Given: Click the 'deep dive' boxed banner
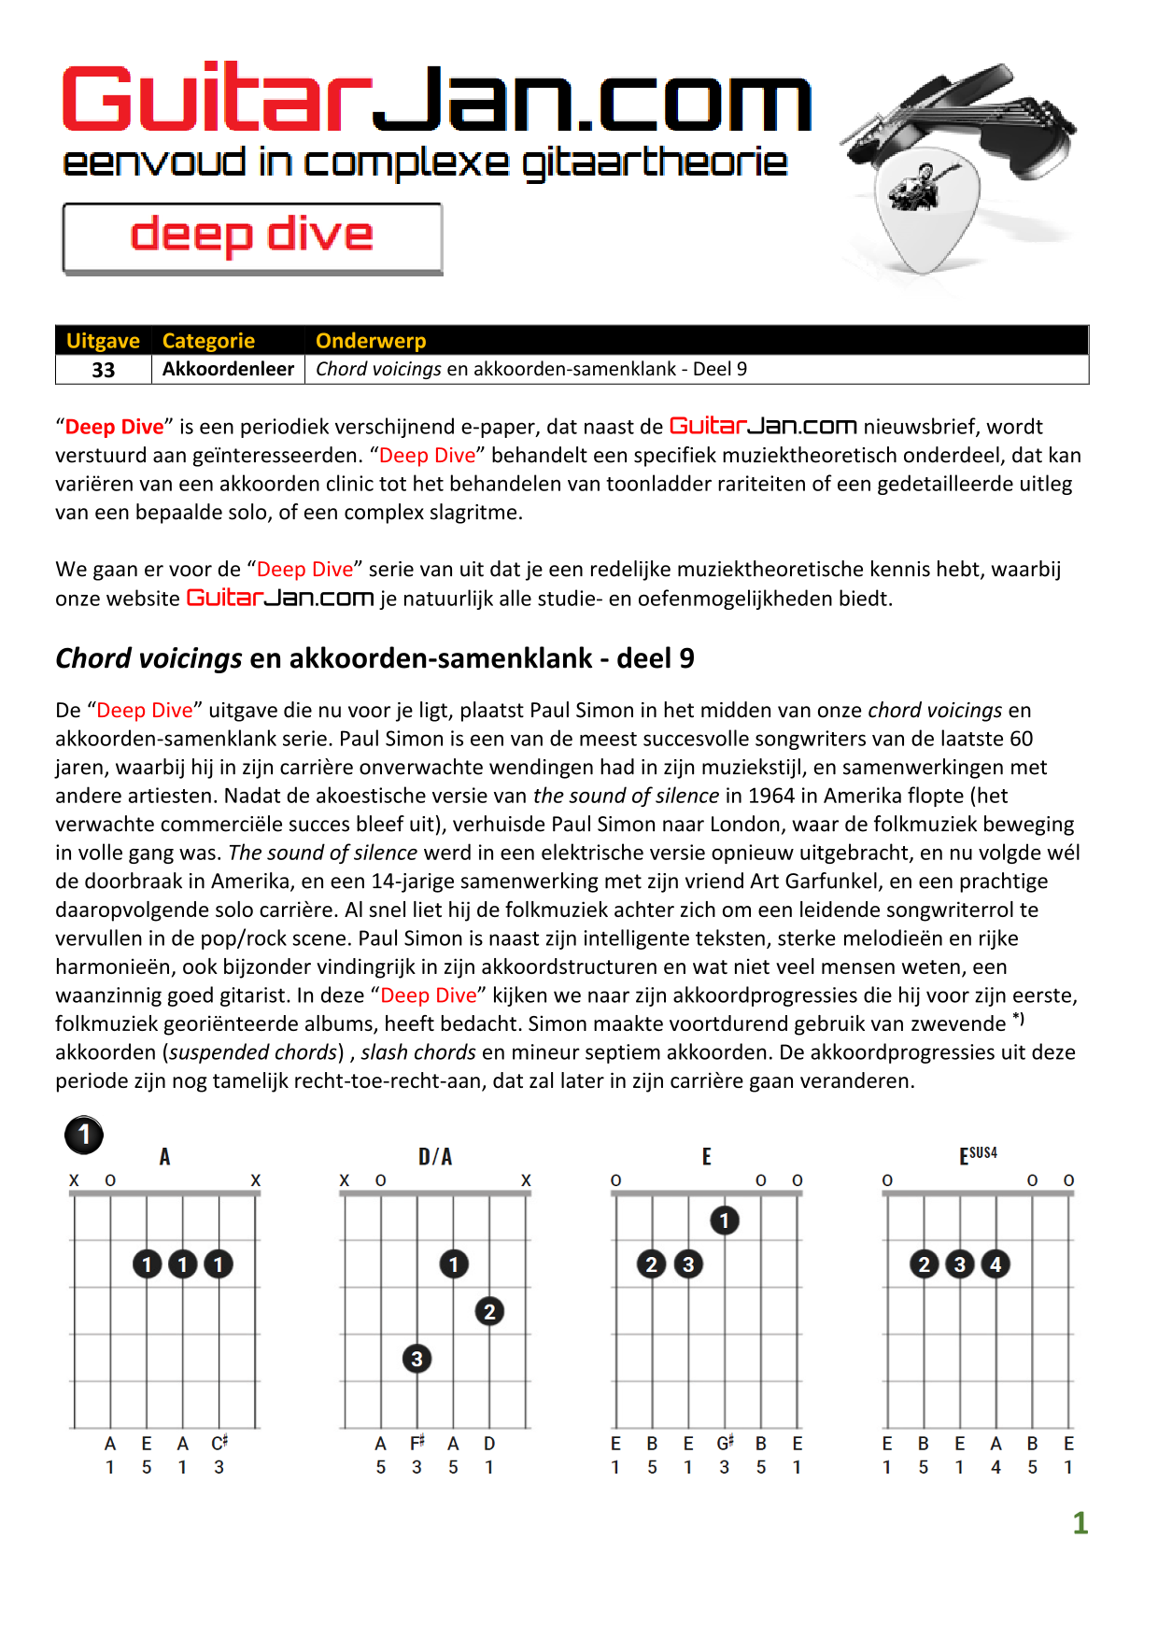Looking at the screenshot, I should tap(252, 238).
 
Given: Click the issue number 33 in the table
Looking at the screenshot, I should tap(103, 370).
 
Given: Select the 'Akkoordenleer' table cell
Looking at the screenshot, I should tap(228, 369).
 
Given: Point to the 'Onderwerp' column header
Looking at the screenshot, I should tap(371, 341).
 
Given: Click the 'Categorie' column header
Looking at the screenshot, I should tap(208, 341).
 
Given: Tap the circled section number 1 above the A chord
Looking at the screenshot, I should tap(84, 1136).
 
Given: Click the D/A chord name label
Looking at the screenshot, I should tap(435, 1157).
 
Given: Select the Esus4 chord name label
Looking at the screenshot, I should tap(978, 1156).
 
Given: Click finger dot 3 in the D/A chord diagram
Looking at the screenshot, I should tap(417, 1359).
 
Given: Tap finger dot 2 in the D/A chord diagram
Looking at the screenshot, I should tap(489, 1311).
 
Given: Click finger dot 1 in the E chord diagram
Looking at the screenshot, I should tap(725, 1220).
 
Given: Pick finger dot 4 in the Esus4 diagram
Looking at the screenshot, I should tap(996, 1264).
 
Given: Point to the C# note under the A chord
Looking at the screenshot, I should tap(219, 1444).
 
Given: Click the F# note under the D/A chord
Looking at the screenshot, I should tap(417, 1444).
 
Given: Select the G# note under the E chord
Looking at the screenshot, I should tap(726, 1444).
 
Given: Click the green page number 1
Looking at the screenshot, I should tap(1080, 1523).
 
